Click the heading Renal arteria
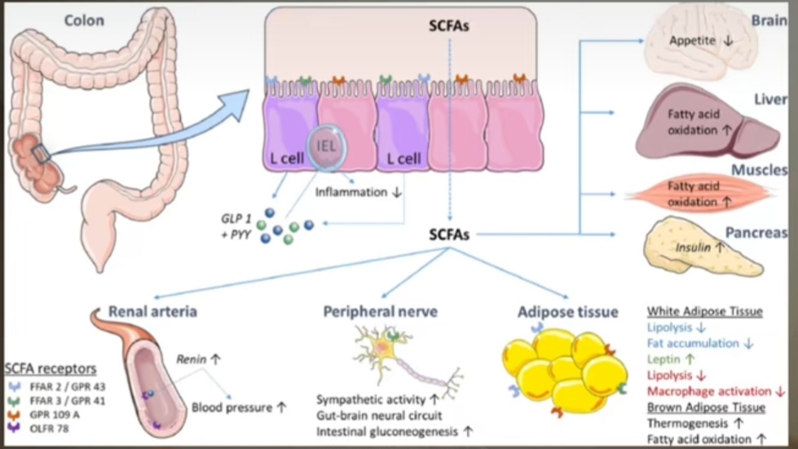point(152,310)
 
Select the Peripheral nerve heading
point(380,311)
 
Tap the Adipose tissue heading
point(567,311)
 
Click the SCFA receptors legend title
point(50,368)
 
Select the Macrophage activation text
point(708,391)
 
